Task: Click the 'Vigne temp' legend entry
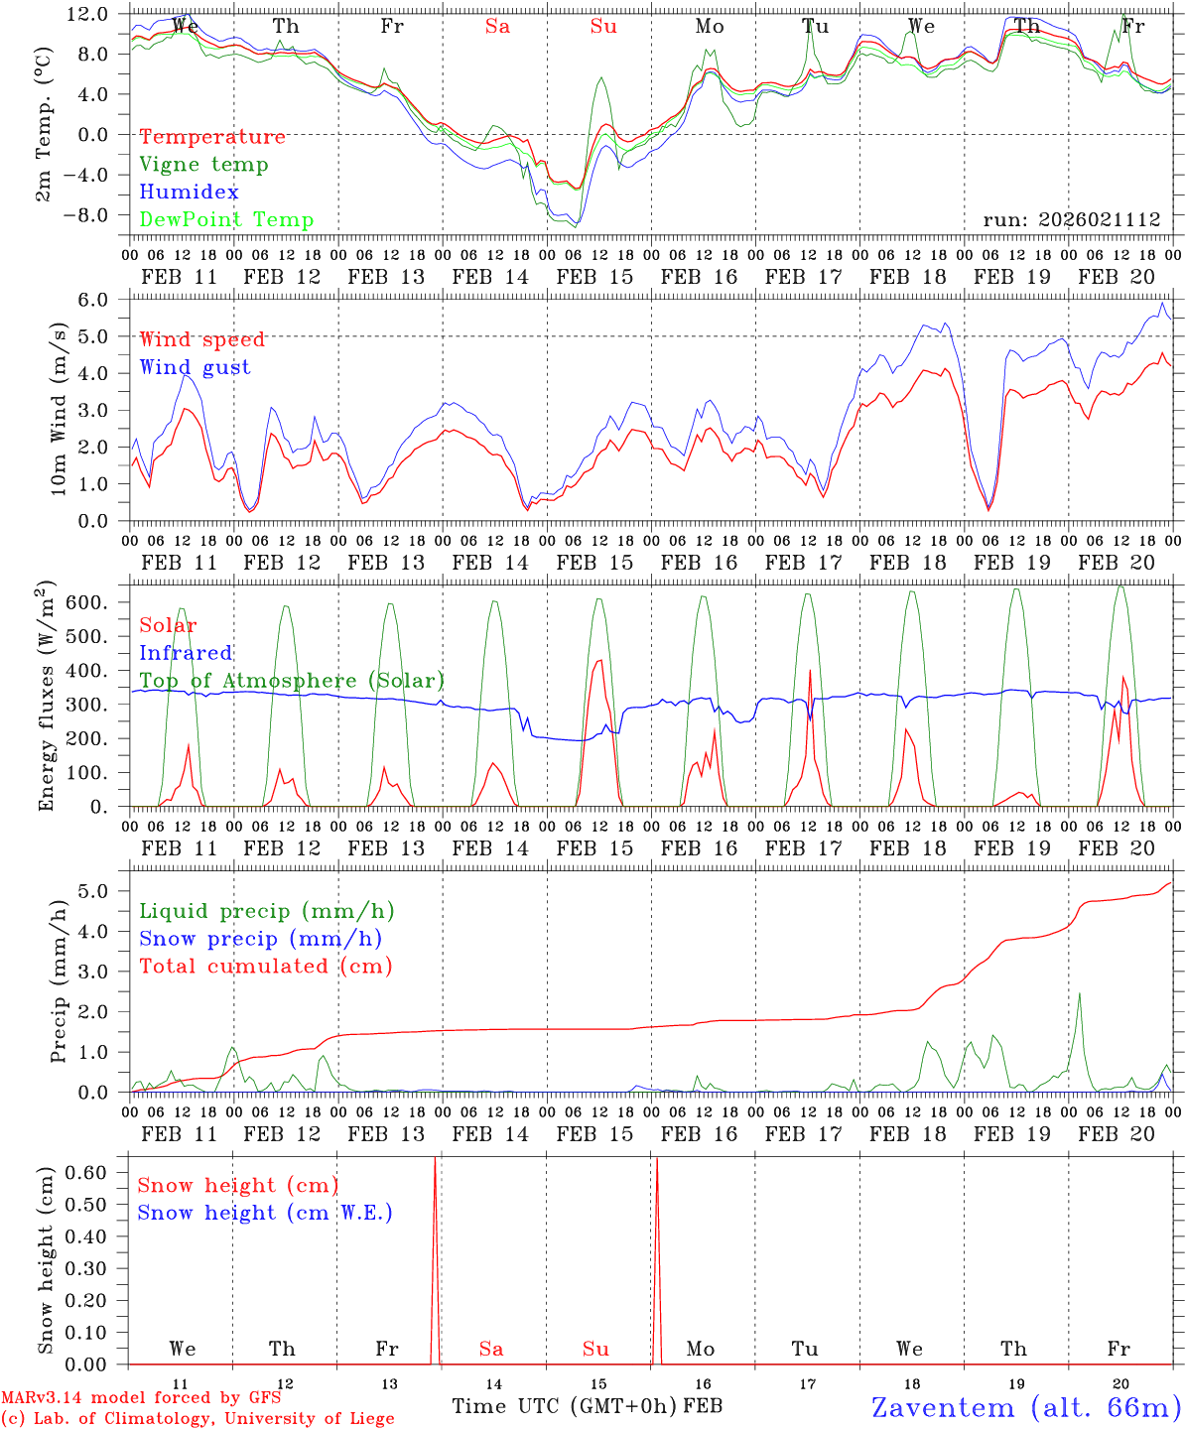[x=203, y=165]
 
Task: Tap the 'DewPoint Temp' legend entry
[x=226, y=220]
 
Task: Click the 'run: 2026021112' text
[x=1072, y=220]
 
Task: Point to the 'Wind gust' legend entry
[x=195, y=367]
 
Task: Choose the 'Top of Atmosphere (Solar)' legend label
[x=292, y=681]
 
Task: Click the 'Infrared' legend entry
[x=186, y=653]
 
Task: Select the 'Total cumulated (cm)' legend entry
[x=266, y=967]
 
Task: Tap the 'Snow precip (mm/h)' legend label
[x=260, y=939]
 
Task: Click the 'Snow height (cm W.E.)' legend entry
[x=265, y=1213]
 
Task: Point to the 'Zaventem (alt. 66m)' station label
[x=1026, y=1407]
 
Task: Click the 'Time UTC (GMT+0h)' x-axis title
[x=565, y=1406]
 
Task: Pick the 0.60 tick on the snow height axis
[x=99, y=1172]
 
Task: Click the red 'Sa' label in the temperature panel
[x=497, y=27]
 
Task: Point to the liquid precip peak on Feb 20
[x=1079, y=993]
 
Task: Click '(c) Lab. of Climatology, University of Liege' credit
[x=197, y=1418]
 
